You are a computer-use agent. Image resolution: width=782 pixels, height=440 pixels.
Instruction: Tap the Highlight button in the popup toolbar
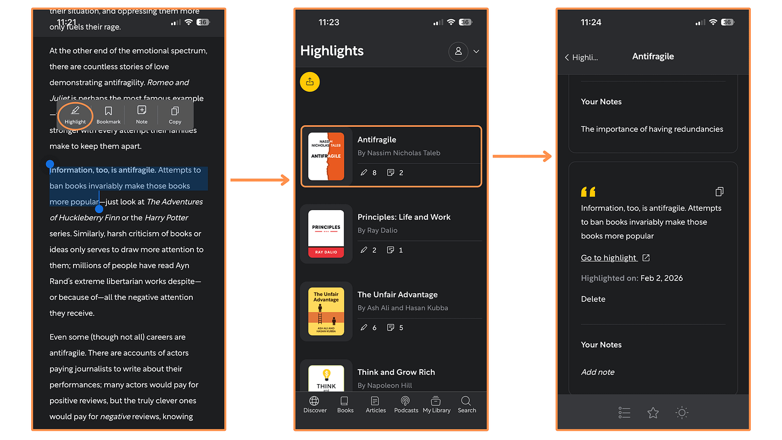pyautogui.click(x=75, y=114)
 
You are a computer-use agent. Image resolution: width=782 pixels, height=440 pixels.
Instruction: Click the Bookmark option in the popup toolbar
pyautogui.click(x=108, y=114)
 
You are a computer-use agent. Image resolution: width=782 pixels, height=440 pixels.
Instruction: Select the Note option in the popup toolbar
pyautogui.click(x=142, y=114)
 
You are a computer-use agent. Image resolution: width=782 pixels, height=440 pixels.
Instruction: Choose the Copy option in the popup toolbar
pyautogui.click(x=175, y=114)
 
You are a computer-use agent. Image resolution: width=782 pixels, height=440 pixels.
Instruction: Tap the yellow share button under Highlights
pyautogui.click(x=310, y=82)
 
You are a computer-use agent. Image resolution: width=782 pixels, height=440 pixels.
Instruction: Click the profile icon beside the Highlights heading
pyautogui.click(x=458, y=51)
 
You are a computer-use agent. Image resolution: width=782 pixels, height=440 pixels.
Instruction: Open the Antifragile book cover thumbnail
pyautogui.click(x=326, y=156)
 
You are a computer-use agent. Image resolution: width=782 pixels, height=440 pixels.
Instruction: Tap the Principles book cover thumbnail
pyautogui.click(x=326, y=234)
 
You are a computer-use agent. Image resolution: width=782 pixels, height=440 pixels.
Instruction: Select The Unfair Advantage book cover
pyautogui.click(x=326, y=312)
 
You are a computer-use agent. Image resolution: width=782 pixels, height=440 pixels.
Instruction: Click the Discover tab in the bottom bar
pyautogui.click(x=315, y=404)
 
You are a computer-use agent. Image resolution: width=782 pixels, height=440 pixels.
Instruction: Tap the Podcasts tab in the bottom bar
pyautogui.click(x=406, y=404)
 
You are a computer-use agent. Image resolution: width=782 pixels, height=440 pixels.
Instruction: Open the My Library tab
pyautogui.click(x=437, y=404)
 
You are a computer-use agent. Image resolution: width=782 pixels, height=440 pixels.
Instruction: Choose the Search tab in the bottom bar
pyautogui.click(x=467, y=404)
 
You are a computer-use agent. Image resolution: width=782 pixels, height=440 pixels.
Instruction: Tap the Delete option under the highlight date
pyautogui.click(x=593, y=299)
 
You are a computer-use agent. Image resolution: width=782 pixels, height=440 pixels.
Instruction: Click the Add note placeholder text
pyautogui.click(x=598, y=372)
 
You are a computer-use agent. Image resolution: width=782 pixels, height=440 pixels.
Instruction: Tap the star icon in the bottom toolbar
pyautogui.click(x=653, y=413)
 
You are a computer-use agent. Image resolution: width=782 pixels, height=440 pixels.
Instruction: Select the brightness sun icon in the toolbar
pyautogui.click(x=682, y=413)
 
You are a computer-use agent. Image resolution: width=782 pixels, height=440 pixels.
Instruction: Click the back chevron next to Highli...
pyautogui.click(x=567, y=57)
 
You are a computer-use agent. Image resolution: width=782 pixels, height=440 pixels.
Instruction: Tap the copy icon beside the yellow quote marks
pyautogui.click(x=720, y=192)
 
